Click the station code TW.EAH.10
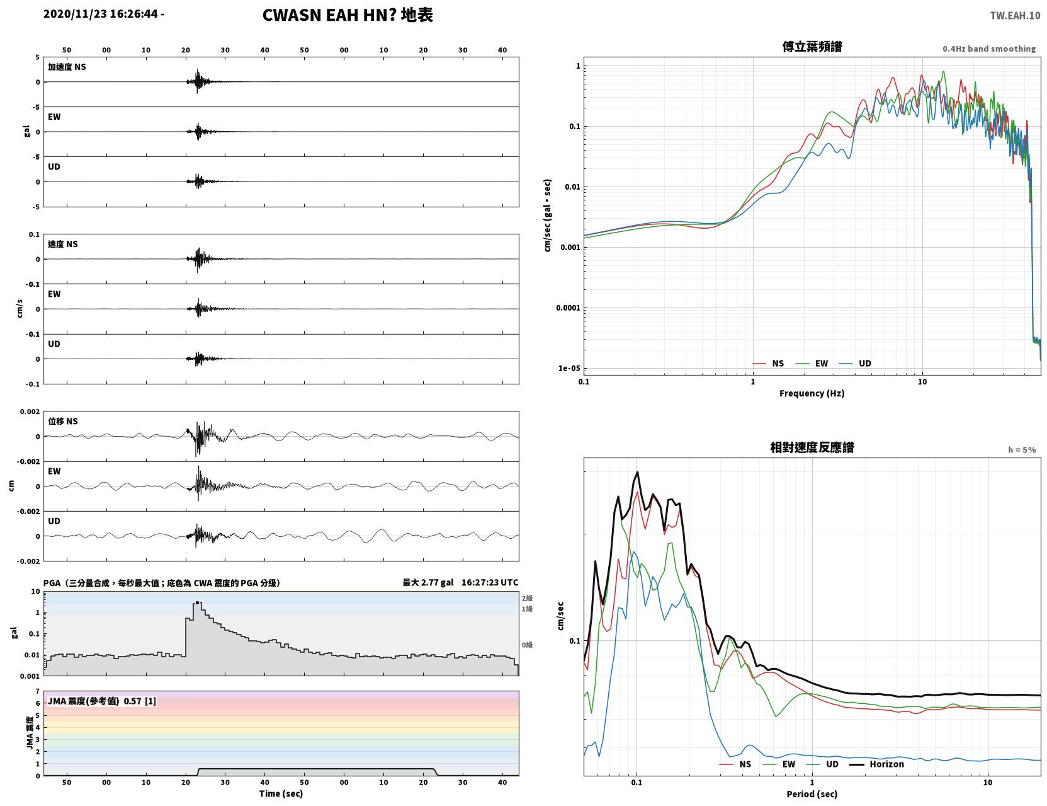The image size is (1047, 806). [x=1015, y=15]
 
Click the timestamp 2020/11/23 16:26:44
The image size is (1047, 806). [x=100, y=14]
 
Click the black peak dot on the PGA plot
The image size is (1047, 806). [x=197, y=602]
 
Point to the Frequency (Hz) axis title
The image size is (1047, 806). [x=812, y=393]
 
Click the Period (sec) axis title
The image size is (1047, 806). [x=812, y=794]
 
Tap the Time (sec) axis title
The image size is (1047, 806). [x=281, y=793]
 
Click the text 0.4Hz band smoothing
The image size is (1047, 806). [x=988, y=49]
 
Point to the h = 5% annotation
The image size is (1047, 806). [x=1021, y=450]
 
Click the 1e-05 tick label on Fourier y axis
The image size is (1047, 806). [x=569, y=368]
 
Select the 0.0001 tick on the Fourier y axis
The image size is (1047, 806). [x=568, y=308]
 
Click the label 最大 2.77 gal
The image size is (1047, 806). [x=428, y=582]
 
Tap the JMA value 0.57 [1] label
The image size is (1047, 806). [x=140, y=701]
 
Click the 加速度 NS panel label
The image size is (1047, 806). [x=67, y=67]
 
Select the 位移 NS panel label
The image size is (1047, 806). [x=62, y=422]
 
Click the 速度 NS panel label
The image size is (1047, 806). [x=62, y=244]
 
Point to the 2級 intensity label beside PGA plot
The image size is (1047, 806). [x=527, y=598]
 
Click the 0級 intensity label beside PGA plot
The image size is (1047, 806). [x=527, y=645]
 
